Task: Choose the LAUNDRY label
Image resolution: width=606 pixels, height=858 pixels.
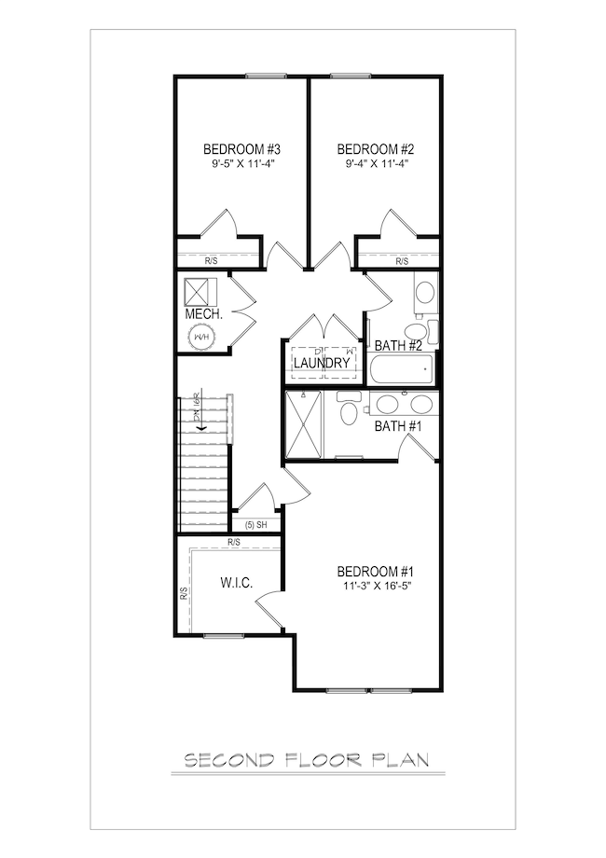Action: click(x=322, y=363)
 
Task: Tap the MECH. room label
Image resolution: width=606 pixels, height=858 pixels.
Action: click(x=203, y=314)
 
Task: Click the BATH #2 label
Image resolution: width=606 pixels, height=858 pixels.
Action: click(x=399, y=346)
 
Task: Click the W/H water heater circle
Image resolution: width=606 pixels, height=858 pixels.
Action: click(x=202, y=337)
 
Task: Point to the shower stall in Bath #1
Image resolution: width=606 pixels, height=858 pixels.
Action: click(x=303, y=425)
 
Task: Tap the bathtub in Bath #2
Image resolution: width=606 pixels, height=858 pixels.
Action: click(x=402, y=372)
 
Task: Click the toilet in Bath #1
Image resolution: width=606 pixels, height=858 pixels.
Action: click(x=349, y=411)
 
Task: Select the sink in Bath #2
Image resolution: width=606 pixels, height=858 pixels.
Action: click(x=425, y=295)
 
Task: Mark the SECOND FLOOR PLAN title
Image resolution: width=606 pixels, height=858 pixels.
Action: click(x=306, y=760)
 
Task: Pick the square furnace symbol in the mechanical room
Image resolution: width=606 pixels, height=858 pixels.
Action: click(x=200, y=292)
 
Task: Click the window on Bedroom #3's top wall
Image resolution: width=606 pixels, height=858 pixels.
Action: click(x=266, y=76)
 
